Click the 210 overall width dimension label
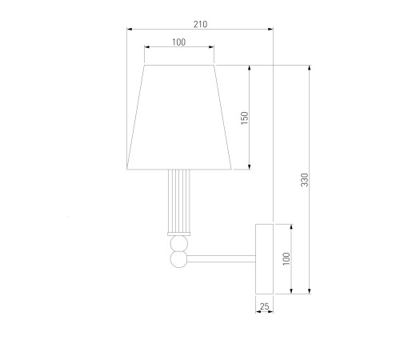point(200,24)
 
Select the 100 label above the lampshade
point(178,42)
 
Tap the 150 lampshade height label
point(244,118)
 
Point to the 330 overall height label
point(305,180)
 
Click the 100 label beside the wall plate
point(286,258)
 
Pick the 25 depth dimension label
point(264,306)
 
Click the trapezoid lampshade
point(179,118)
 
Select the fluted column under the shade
point(179,201)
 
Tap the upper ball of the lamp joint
point(179,243)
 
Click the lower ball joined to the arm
point(179,259)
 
